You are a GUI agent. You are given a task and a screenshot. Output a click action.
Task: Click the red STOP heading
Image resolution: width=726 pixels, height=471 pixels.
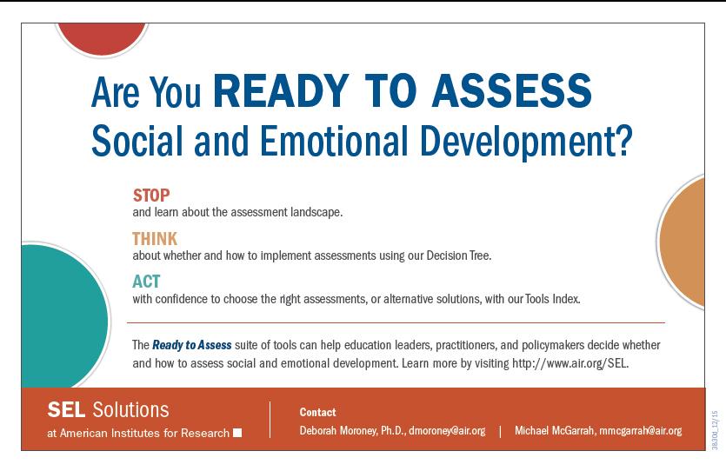click(151, 196)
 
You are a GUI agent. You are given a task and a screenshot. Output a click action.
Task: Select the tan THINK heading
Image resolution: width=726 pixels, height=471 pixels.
click(155, 239)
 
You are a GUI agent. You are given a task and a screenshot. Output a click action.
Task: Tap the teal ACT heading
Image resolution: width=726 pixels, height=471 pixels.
click(146, 282)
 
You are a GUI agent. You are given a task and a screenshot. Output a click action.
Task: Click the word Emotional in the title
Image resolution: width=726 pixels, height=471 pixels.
click(334, 141)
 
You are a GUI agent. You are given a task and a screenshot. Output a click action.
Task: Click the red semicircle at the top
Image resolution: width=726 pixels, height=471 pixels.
click(102, 39)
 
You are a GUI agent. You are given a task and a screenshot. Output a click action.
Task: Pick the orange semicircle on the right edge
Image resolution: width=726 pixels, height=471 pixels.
click(682, 242)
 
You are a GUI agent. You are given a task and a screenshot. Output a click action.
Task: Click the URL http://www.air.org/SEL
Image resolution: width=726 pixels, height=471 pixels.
click(570, 363)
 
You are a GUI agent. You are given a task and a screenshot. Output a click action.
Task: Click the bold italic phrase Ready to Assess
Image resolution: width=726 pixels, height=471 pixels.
click(191, 345)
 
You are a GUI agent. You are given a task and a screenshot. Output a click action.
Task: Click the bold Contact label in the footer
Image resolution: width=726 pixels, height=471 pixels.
click(317, 412)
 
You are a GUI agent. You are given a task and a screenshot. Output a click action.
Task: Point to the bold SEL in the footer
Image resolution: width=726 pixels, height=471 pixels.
click(66, 410)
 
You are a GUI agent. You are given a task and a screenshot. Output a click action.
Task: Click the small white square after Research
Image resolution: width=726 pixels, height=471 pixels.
click(237, 433)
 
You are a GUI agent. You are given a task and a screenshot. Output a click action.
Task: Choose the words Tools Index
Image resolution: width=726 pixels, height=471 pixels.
click(552, 299)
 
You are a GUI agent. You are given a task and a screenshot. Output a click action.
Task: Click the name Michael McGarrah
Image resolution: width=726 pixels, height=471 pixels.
click(554, 431)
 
